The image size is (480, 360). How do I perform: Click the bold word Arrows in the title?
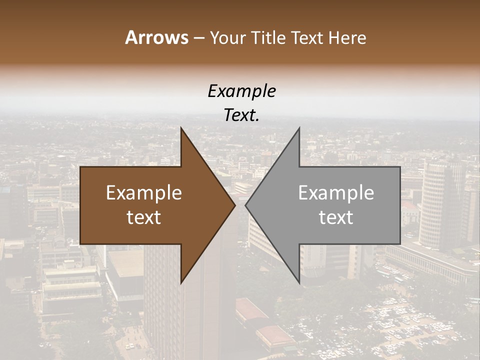[x=156, y=38]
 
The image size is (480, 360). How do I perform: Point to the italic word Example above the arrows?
[x=241, y=91]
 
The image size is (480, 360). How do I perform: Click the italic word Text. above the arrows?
[x=241, y=115]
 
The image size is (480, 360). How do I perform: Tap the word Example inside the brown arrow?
[x=144, y=193]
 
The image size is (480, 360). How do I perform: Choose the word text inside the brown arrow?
[x=144, y=217]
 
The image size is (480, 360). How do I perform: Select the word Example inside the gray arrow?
[x=336, y=193]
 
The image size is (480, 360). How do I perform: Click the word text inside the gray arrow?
[x=336, y=217]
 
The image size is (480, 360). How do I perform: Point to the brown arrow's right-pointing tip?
[x=234, y=205]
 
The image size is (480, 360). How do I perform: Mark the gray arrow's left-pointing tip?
[x=246, y=205]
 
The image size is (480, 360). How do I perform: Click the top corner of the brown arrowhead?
[x=181, y=129]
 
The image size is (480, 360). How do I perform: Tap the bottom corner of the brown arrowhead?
[x=181, y=282]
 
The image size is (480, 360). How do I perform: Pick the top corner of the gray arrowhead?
[x=299, y=129]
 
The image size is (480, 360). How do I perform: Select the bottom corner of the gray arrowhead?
[x=299, y=282]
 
